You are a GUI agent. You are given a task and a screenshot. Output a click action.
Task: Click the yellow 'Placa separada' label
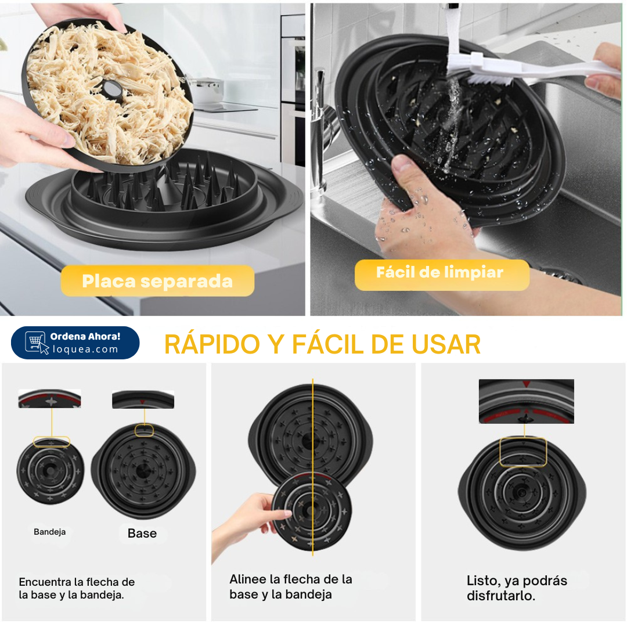pyautogui.click(x=157, y=281)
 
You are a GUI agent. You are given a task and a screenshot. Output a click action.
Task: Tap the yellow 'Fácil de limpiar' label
pyautogui.click(x=442, y=275)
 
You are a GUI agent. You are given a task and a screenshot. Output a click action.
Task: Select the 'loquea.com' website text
pyautogui.click(x=85, y=349)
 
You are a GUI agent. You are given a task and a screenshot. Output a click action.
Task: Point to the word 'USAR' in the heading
pyautogui.click(x=446, y=344)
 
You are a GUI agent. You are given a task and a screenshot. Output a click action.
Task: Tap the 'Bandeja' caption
pyautogui.click(x=49, y=532)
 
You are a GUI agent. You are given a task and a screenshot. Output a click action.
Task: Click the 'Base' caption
pyautogui.click(x=142, y=533)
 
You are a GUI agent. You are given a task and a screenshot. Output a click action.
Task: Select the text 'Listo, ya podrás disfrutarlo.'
pyautogui.click(x=517, y=588)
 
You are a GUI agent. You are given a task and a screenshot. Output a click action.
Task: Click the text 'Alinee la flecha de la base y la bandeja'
pyautogui.click(x=291, y=586)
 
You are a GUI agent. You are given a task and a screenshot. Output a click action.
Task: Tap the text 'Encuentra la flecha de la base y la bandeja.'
pyautogui.click(x=77, y=588)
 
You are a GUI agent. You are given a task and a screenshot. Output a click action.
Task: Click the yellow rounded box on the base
pyautogui.click(x=144, y=430)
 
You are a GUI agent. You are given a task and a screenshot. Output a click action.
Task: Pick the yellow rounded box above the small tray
pyautogui.click(x=52, y=441)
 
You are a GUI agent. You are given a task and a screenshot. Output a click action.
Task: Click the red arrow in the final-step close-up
pyautogui.click(x=526, y=384)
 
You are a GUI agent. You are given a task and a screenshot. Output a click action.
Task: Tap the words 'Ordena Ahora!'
pyautogui.click(x=85, y=336)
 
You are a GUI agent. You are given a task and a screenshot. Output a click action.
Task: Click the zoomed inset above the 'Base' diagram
pyautogui.click(x=143, y=399)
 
